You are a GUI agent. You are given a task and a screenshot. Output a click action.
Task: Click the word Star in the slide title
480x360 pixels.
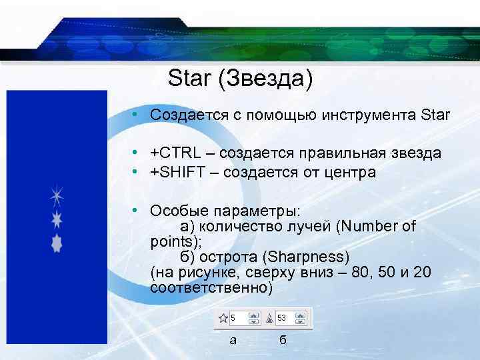coord(189,78)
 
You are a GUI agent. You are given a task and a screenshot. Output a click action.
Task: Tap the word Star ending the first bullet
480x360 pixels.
coord(435,115)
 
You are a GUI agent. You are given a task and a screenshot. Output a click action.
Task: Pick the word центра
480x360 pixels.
coord(350,173)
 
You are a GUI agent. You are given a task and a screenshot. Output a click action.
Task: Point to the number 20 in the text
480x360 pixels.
coord(423,273)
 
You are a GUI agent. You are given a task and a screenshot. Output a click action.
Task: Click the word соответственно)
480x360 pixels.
coord(212,288)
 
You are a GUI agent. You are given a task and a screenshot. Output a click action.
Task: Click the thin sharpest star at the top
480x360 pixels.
coord(57,197)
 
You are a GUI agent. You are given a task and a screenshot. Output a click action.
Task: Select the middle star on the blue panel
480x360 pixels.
coord(57,219)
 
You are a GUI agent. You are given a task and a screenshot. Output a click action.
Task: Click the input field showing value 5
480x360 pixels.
coord(244,318)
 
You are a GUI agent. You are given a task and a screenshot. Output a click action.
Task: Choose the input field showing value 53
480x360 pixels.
coord(291,318)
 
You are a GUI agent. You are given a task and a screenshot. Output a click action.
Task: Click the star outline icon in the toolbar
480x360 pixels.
coord(224,318)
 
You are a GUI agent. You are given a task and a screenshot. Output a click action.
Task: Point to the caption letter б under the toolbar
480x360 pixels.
coord(282,340)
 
